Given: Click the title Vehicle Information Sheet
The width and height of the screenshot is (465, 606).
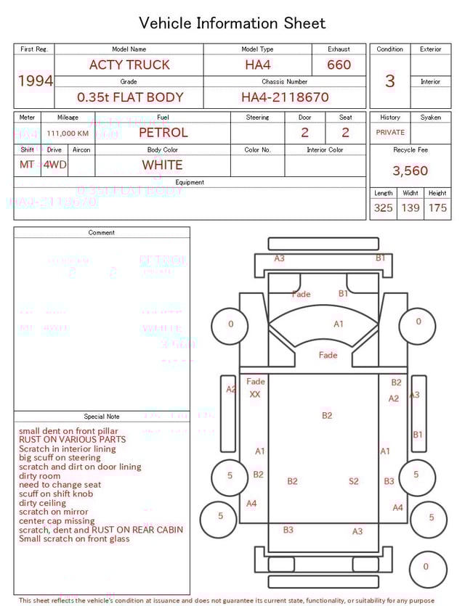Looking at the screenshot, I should click(x=232, y=23).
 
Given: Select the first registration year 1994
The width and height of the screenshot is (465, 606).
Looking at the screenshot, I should click(x=35, y=81).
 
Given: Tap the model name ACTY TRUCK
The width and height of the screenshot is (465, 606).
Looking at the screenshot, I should click(x=129, y=65).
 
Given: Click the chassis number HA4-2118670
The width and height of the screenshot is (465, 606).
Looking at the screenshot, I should click(x=285, y=97).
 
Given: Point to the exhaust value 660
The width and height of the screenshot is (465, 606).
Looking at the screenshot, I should click(x=339, y=65).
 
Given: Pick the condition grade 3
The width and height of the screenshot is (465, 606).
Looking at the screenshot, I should click(x=390, y=81).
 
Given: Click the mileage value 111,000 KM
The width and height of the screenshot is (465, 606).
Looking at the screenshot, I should click(x=68, y=134).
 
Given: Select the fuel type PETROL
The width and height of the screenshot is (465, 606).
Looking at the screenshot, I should click(x=163, y=133).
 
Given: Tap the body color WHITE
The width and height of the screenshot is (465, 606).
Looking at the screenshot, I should click(x=162, y=165).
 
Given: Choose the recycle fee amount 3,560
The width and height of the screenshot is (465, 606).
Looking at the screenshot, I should click(x=411, y=171).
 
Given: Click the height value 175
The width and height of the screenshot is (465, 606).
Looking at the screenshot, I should click(x=437, y=208).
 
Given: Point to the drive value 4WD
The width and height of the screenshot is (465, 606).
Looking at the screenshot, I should click(x=54, y=165).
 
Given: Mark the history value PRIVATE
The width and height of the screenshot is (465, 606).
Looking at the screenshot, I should click(x=390, y=133).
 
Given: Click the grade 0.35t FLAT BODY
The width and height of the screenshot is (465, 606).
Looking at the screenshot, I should click(x=130, y=97).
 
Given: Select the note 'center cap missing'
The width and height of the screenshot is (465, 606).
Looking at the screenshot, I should click(x=57, y=521).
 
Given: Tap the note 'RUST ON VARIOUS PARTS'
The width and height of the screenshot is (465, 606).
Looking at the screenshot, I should click(x=72, y=440).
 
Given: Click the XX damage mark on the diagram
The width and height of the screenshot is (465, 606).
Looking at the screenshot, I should click(x=255, y=395).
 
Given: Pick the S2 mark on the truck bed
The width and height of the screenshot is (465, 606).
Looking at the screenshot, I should click(x=354, y=481).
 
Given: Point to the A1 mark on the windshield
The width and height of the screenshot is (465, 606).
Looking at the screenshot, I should click(x=339, y=324).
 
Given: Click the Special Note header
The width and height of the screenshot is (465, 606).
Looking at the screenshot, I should click(x=102, y=417).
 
